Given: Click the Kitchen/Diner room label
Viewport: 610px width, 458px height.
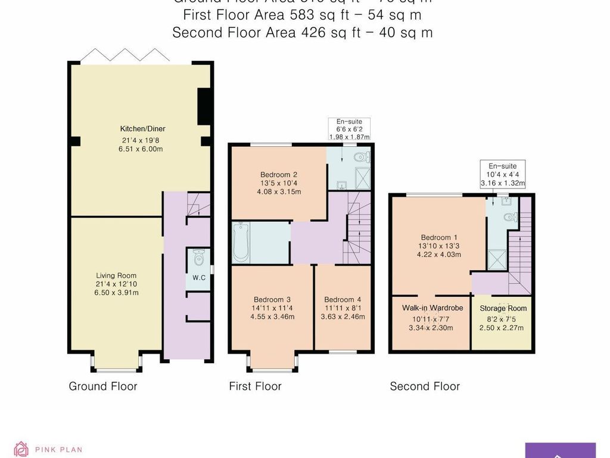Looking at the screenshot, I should point(142,129).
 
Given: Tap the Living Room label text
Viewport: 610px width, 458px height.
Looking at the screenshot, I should point(116,276).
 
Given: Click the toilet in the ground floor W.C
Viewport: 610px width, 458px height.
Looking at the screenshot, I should point(198,259).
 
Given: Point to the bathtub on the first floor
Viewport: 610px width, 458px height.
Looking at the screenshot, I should point(241,242).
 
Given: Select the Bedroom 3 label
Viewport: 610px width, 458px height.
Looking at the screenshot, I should point(272,299).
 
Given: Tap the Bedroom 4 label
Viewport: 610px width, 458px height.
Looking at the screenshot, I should point(343,299).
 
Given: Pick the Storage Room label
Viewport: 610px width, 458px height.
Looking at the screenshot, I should point(503,308).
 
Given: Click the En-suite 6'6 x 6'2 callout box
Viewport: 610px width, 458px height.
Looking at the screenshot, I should point(349,129).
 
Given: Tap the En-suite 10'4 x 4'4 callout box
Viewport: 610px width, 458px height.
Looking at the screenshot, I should point(503,174).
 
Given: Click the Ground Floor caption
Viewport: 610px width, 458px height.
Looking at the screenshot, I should point(103,386).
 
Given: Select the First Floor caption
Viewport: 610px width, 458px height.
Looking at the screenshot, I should point(255,386).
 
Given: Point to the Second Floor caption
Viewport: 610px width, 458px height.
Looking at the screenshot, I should point(425,386).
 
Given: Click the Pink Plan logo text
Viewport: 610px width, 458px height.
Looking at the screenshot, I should point(58,450).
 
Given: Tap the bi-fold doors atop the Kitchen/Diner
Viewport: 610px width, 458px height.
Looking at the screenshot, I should point(125,55).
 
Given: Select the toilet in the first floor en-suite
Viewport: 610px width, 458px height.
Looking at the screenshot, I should point(361,157).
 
